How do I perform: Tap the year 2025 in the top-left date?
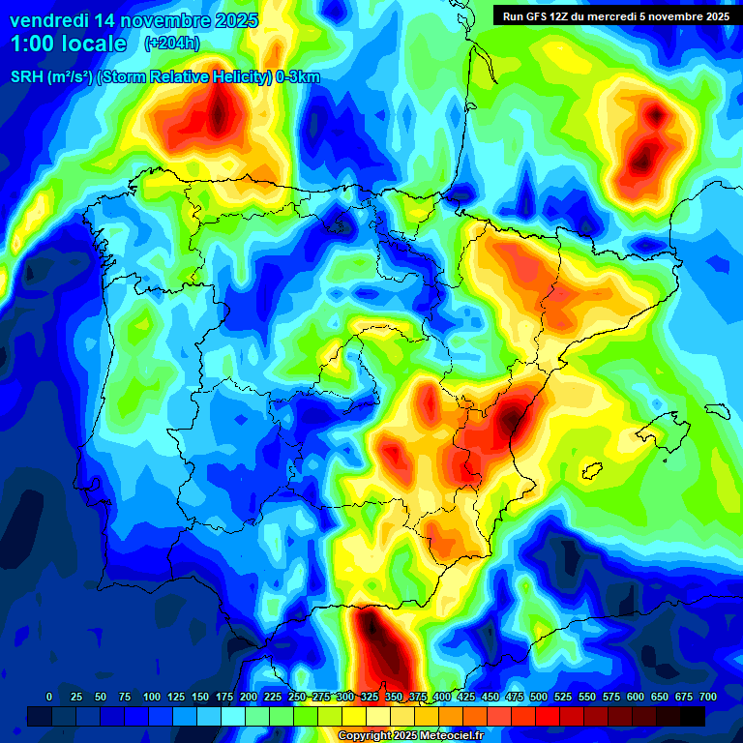point(232,19)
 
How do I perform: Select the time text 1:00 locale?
point(69,44)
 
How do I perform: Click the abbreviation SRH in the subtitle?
point(26,77)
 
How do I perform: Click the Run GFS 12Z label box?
point(615,15)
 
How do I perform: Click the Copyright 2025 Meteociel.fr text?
point(410,736)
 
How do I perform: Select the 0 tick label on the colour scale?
point(49,698)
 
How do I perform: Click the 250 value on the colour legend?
point(297,698)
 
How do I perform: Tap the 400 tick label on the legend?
point(442,698)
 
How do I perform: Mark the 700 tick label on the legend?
point(707,698)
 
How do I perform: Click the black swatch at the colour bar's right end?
point(692,716)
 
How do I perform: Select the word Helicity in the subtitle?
point(237,77)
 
